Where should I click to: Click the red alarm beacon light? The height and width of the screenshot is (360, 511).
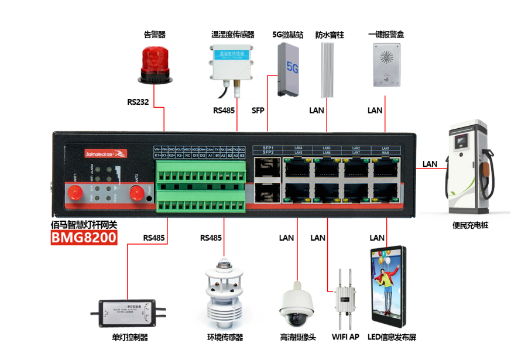(x=155, y=64)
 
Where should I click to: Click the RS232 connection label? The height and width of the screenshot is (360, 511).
(x=138, y=102)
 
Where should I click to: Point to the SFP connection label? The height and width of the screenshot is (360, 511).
(x=258, y=110)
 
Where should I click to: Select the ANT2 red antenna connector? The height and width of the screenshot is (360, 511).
(x=137, y=191)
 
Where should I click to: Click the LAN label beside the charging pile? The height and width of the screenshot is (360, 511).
(x=430, y=164)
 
